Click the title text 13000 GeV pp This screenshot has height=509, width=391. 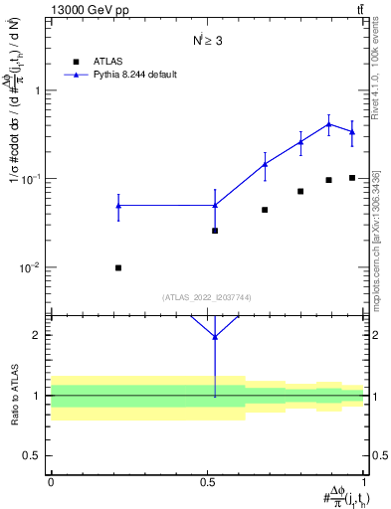click(x=86, y=11)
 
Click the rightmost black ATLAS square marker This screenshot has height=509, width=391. click(x=352, y=178)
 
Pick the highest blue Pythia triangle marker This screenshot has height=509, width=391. click(x=328, y=124)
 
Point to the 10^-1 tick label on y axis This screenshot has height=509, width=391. click(x=32, y=179)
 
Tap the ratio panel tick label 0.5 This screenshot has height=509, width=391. click(x=36, y=455)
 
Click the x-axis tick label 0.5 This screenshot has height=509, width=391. click(x=207, y=483)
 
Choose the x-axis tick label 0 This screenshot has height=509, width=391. click(x=51, y=483)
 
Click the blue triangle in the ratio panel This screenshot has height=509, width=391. click(x=215, y=336)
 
